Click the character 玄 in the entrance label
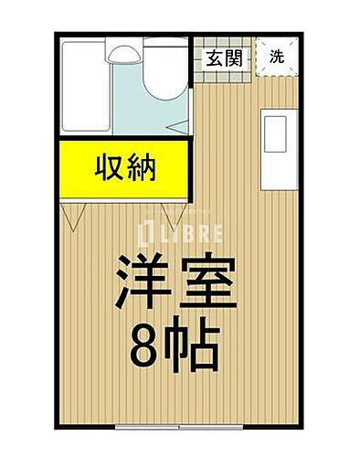(214, 60)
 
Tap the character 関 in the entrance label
(234, 60)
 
